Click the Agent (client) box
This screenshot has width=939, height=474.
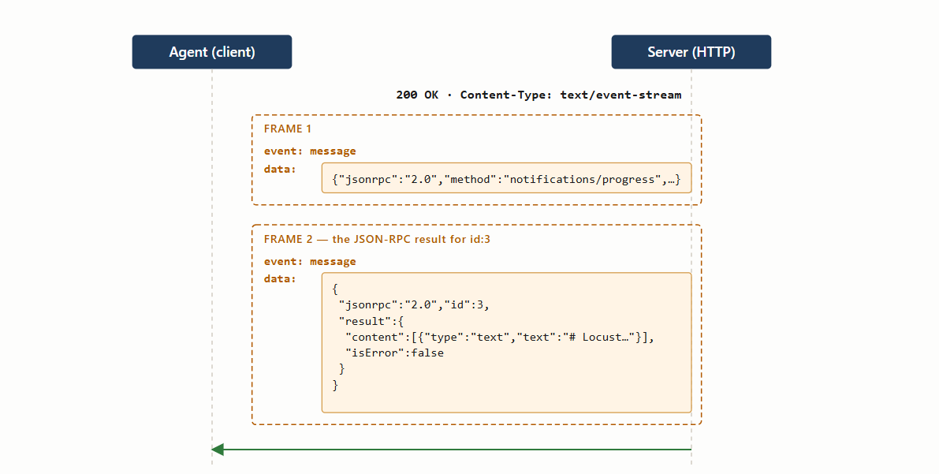(212, 52)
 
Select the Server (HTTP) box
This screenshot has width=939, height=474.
(691, 52)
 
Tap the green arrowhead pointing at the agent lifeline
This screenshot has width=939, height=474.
(218, 450)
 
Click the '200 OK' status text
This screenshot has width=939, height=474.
(417, 95)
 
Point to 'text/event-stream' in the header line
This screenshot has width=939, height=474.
(620, 95)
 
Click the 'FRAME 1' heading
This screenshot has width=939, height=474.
(288, 129)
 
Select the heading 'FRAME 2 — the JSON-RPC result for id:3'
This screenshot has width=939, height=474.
(377, 239)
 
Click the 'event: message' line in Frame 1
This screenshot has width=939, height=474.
(310, 151)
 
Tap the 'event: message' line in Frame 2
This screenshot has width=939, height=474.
(310, 261)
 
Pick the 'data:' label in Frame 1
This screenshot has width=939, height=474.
(280, 169)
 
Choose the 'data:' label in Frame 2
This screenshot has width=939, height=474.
(280, 278)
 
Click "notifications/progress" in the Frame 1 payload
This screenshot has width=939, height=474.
(582, 179)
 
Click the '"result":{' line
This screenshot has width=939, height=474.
(371, 321)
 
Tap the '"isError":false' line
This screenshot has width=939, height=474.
(395, 353)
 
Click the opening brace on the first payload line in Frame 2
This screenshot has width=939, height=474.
(335, 289)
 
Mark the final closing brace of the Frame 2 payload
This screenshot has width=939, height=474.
(335, 386)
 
